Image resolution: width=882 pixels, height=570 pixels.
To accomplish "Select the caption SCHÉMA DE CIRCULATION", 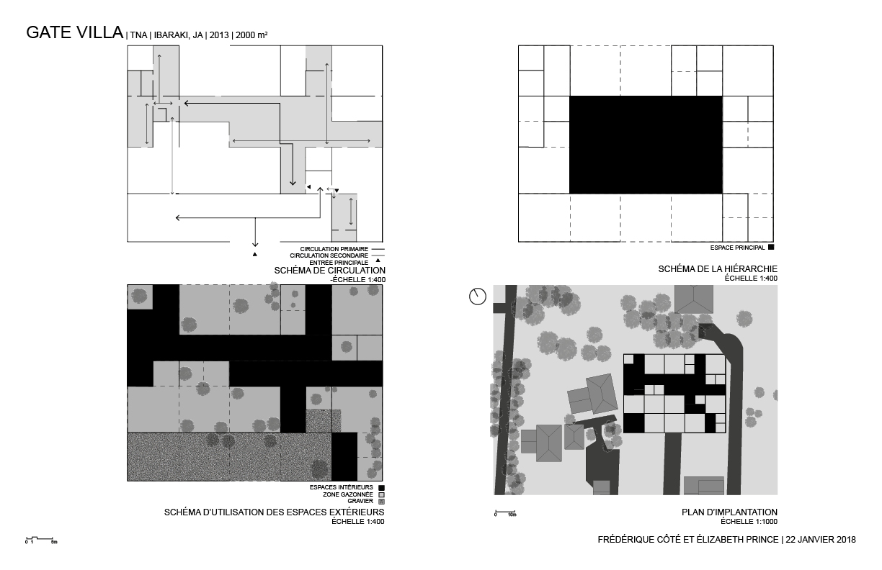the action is (329, 271).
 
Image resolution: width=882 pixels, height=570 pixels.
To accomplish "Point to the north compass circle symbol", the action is (477, 296).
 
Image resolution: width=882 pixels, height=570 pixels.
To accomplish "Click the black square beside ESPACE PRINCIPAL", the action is (771, 248).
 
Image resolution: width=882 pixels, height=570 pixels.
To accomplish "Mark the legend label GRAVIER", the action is (360, 501).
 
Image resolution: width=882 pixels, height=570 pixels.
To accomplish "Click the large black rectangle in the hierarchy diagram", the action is (646, 145).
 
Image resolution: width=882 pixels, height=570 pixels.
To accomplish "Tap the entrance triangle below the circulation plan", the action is (254, 255).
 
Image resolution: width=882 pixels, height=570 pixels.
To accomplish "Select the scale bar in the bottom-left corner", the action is (40, 538).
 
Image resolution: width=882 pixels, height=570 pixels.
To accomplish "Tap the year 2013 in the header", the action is (220, 35).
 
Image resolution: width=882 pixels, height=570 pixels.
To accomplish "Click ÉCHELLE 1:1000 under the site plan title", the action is (749, 521).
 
